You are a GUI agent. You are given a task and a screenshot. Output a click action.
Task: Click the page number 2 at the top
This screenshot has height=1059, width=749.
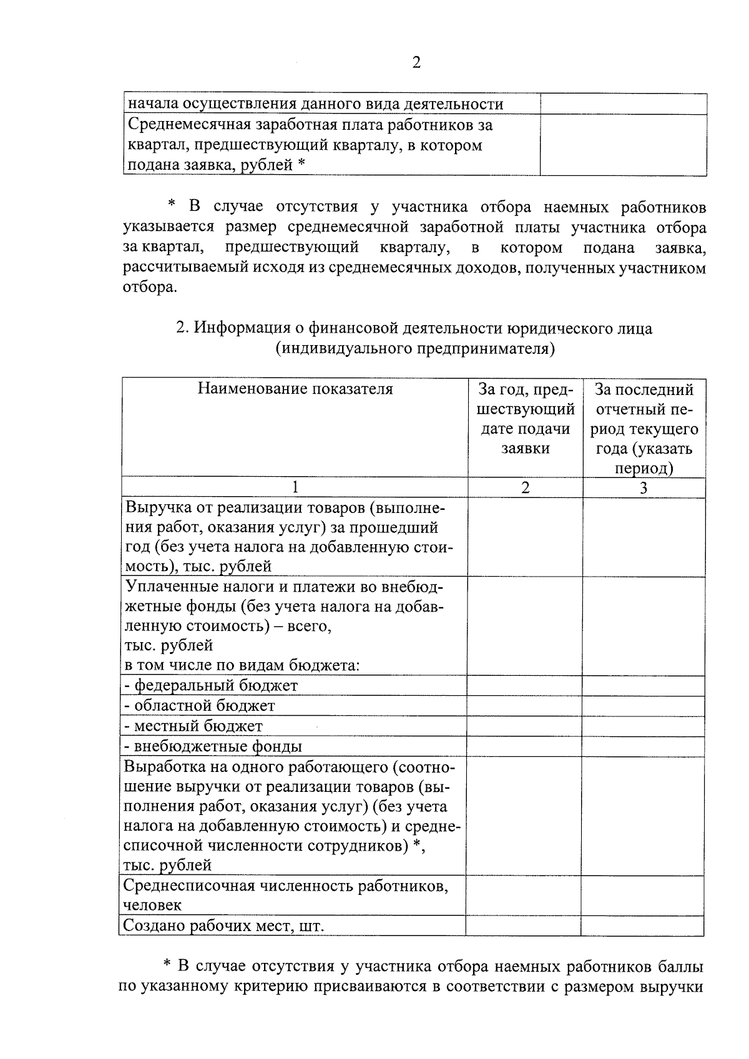click(x=416, y=62)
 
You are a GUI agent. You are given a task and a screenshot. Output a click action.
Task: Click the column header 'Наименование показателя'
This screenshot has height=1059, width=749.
click(x=295, y=389)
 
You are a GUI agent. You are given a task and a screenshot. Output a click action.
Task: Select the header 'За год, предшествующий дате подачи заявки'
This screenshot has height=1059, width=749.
click(x=525, y=419)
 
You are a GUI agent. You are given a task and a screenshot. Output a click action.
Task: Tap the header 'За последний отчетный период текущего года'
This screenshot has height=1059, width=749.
click(x=644, y=429)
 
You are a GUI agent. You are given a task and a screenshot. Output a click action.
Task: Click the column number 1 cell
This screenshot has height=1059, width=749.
click(x=295, y=487)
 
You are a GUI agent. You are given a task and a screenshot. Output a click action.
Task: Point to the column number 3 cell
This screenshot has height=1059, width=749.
click(x=644, y=488)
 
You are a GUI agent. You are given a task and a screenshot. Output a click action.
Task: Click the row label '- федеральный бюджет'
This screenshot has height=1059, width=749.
click(x=211, y=685)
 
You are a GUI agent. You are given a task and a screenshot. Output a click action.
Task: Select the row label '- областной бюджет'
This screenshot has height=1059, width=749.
click(x=200, y=706)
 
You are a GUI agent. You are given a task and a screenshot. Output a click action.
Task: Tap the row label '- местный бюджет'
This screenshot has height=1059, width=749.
click(x=193, y=726)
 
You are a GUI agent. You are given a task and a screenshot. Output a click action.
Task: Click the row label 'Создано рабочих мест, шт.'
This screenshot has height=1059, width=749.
click(x=223, y=925)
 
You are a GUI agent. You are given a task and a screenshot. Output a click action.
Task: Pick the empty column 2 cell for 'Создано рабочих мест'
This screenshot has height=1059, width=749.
click(x=523, y=925)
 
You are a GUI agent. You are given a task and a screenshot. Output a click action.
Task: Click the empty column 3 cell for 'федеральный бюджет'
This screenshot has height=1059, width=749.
click(x=644, y=685)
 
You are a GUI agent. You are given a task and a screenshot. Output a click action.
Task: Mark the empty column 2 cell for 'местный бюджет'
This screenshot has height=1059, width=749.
click(x=524, y=726)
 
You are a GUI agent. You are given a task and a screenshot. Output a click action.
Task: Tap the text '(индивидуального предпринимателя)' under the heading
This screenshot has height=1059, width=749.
click(x=416, y=348)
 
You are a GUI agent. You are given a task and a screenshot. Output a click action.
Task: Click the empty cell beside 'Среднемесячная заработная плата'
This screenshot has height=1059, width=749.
click(x=623, y=145)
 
